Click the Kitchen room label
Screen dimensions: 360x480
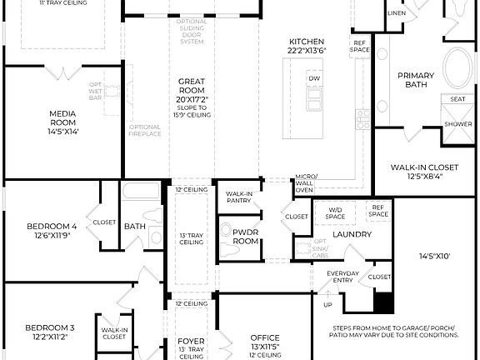306,42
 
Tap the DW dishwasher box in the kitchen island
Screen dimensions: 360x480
314,79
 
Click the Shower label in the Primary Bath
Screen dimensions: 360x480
457,123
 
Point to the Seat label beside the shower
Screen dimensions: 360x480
457,99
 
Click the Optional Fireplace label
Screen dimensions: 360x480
143,132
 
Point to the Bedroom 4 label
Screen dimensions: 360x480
51,226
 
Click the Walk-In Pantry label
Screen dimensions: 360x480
240,197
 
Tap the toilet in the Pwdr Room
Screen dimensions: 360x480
226,230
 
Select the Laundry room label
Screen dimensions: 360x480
351,234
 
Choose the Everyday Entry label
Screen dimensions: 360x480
342,277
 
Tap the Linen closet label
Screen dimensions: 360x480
397,14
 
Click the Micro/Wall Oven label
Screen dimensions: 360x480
304,183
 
